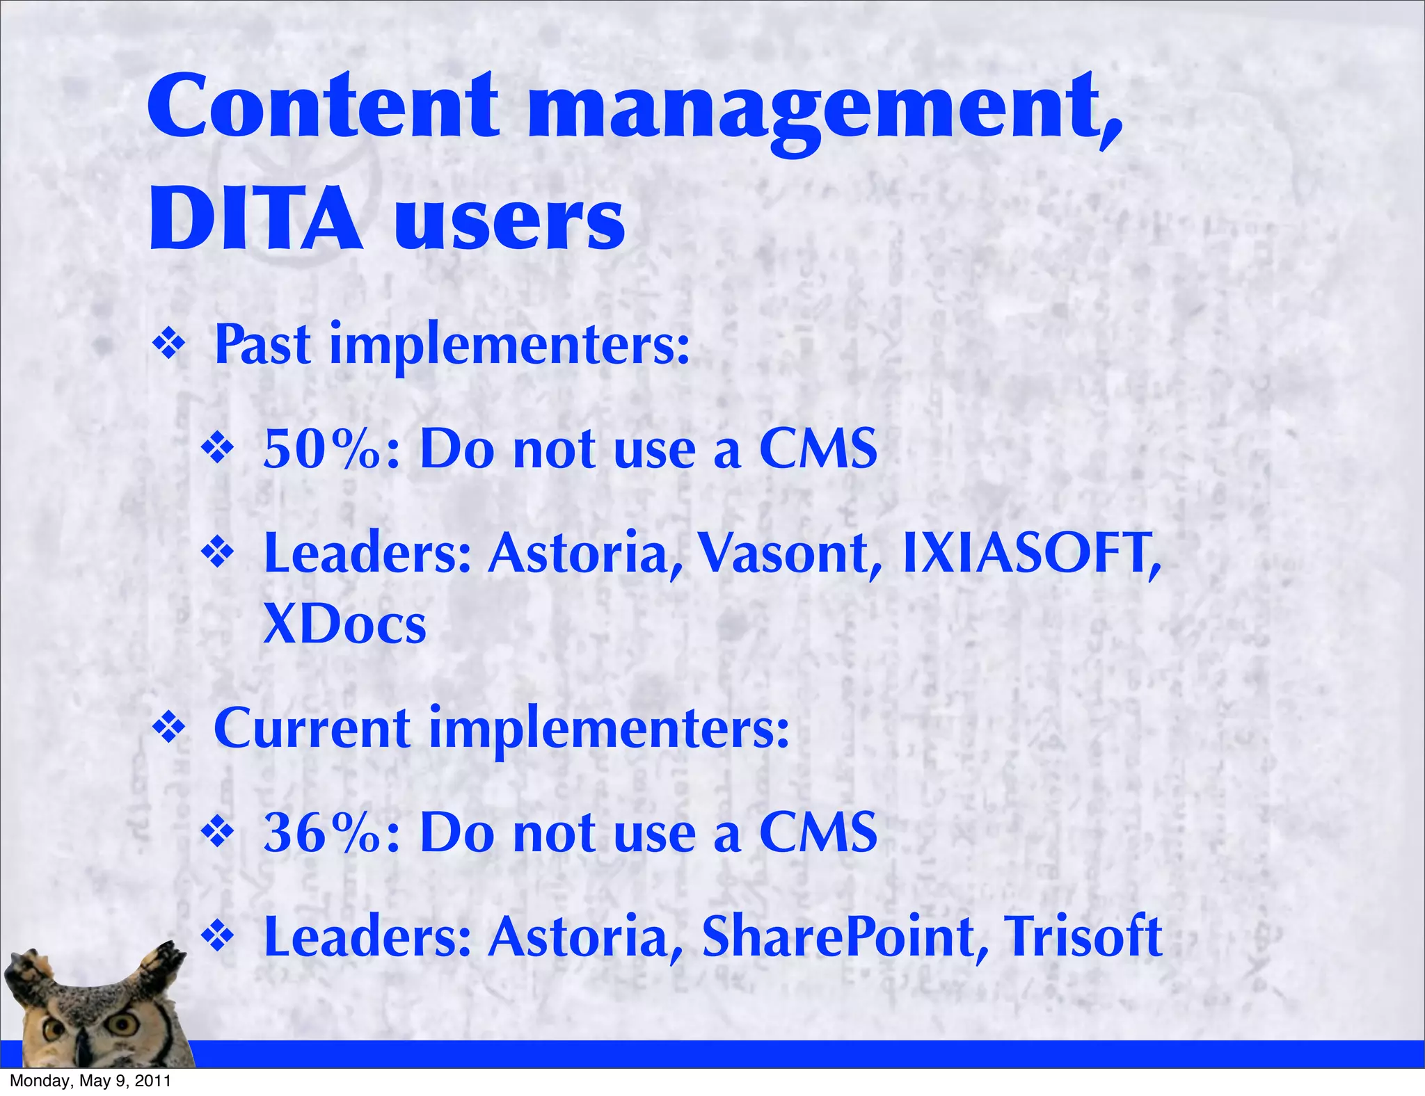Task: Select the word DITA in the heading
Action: pyautogui.click(x=255, y=219)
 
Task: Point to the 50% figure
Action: pyautogui.click(x=323, y=449)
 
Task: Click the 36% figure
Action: pyautogui.click(x=323, y=832)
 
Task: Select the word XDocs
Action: pyautogui.click(x=344, y=624)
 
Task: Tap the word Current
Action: pyautogui.click(x=312, y=728)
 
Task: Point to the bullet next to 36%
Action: pyautogui.click(x=218, y=833)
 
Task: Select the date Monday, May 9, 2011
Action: pyautogui.click(x=90, y=1081)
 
